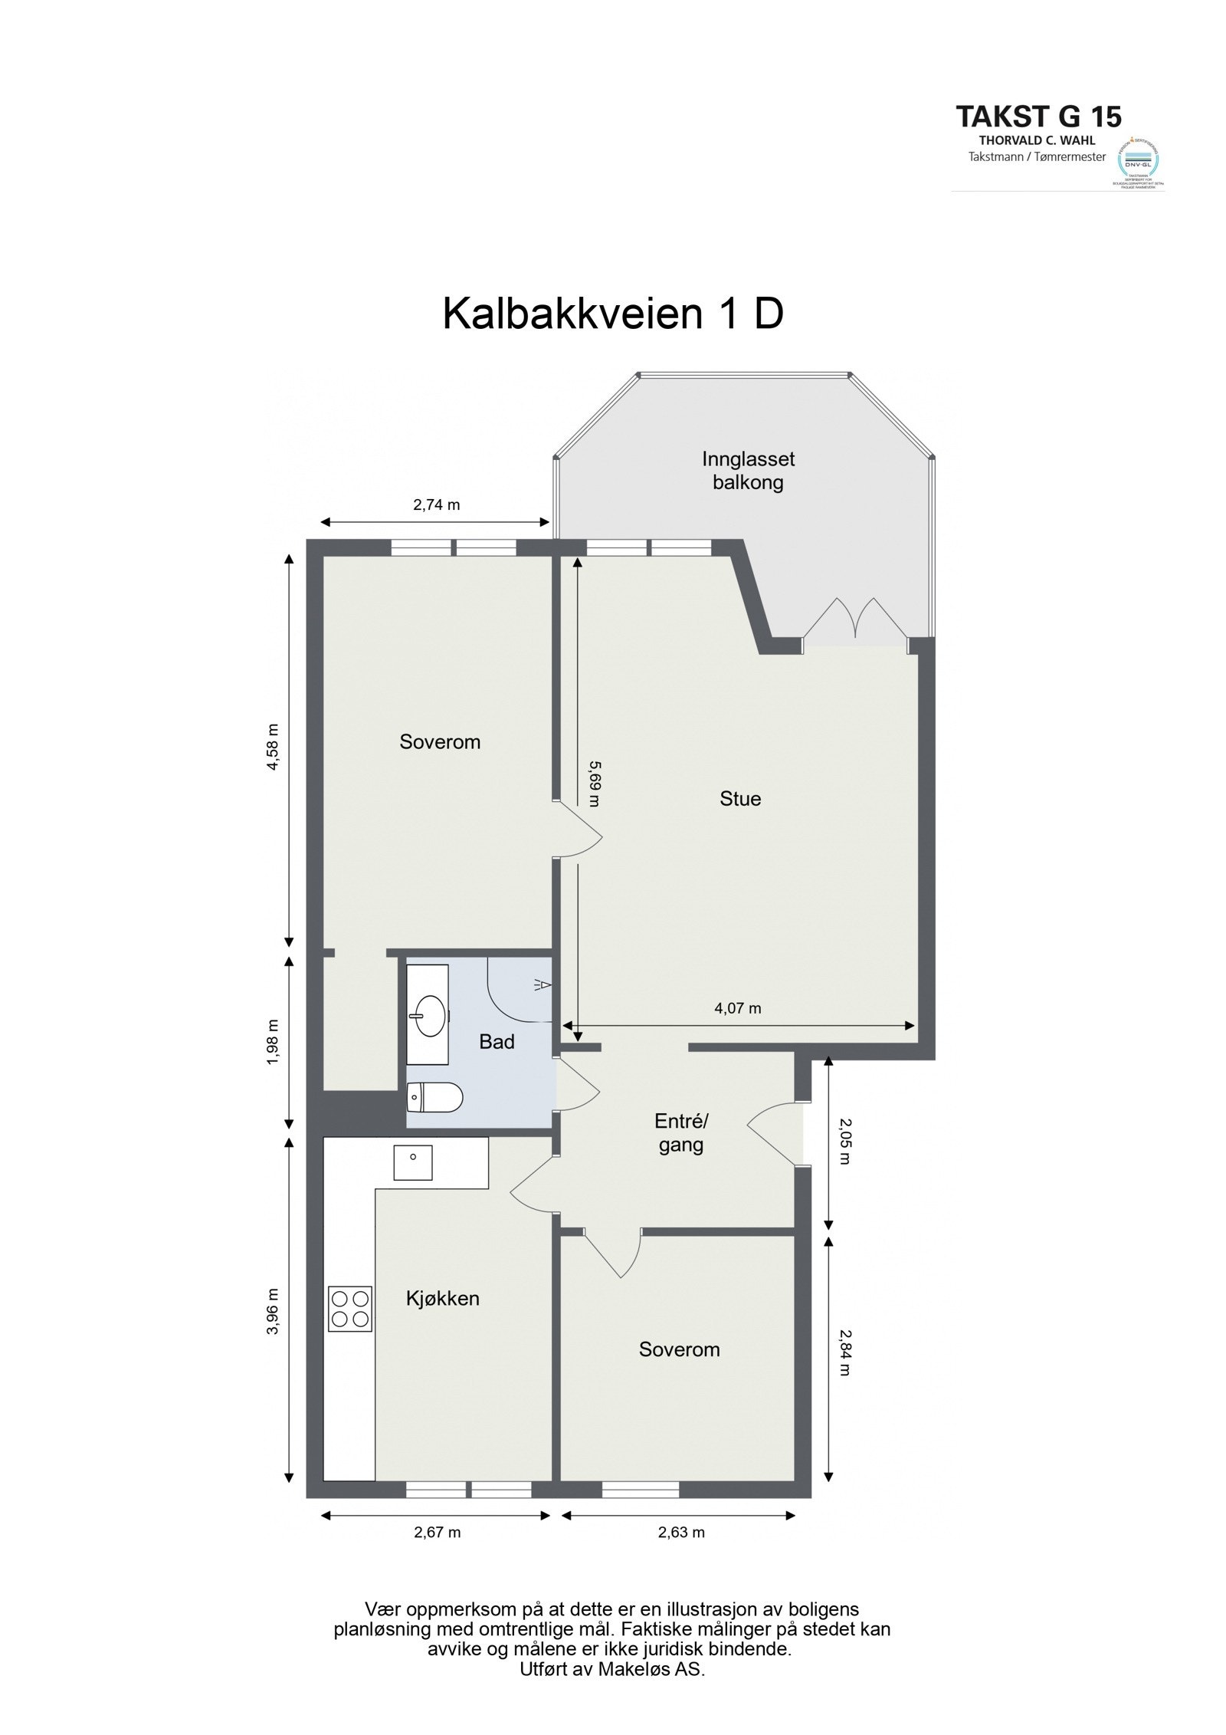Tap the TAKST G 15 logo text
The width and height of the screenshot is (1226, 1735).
click(x=1038, y=117)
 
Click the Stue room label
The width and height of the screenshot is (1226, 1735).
click(x=740, y=799)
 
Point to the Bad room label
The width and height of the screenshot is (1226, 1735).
click(x=497, y=1041)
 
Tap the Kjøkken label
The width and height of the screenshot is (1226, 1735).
click(x=442, y=1298)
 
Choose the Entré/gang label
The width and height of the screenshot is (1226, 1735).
click(x=681, y=1133)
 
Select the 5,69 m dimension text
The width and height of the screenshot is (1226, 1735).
click(x=594, y=783)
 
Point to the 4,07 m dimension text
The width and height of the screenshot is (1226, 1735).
click(x=737, y=1008)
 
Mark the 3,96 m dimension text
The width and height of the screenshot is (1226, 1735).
click(x=273, y=1311)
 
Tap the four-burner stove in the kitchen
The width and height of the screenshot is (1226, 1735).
click(x=350, y=1308)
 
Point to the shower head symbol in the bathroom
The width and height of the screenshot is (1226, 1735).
click(x=543, y=984)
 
